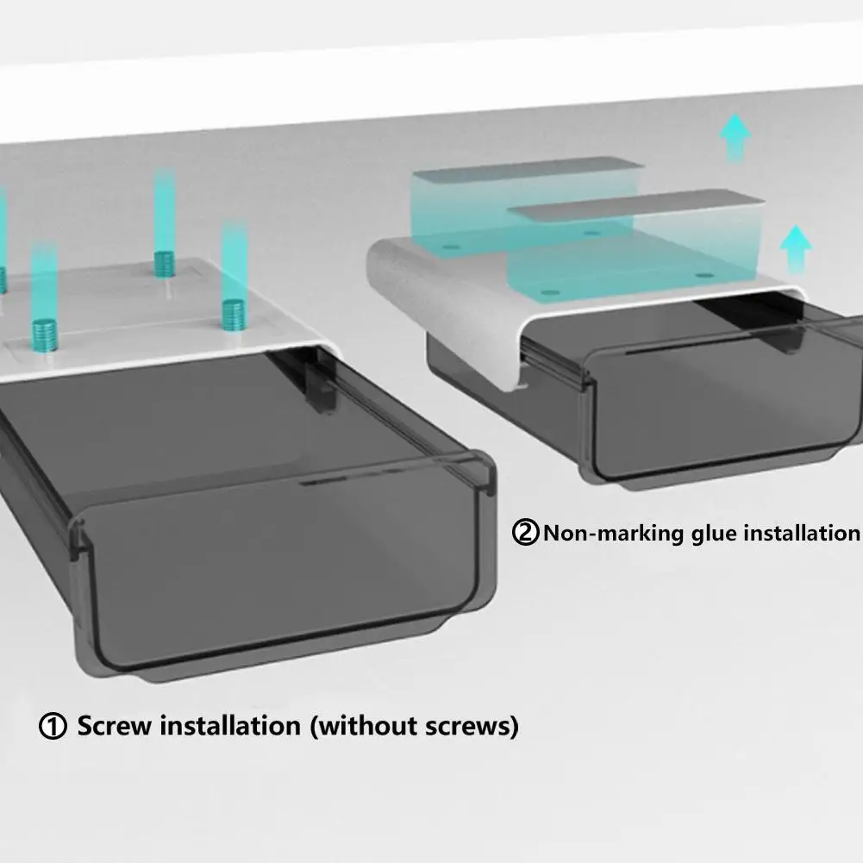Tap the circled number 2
click(x=525, y=532)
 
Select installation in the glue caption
click(x=802, y=532)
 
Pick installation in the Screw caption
click(x=235, y=725)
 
